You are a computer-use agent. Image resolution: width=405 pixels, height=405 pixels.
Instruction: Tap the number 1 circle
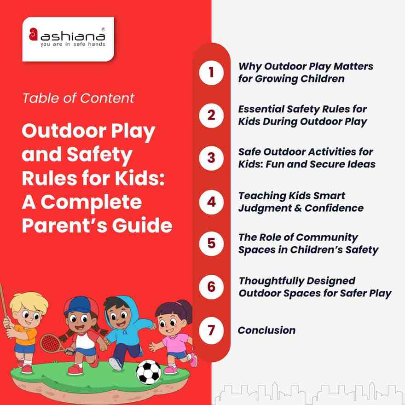(x=211, y=72)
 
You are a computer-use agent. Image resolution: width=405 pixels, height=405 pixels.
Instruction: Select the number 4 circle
(x=211, y=202)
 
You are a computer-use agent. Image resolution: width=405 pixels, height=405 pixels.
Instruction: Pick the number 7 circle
(x=211, y=330)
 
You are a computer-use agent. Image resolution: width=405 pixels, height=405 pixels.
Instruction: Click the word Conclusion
(x=266, y=330)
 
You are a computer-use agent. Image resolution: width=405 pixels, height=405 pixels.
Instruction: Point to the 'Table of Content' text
(x=78, y=98)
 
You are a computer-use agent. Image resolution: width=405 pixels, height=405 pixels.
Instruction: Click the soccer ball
(x=148, y=371)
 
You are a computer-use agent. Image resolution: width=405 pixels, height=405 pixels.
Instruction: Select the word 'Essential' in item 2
(x=261, y=110)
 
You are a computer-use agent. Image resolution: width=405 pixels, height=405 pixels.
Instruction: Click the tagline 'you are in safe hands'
(x=72, y=45)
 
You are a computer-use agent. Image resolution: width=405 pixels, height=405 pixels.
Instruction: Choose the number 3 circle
(x=211, y=158)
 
